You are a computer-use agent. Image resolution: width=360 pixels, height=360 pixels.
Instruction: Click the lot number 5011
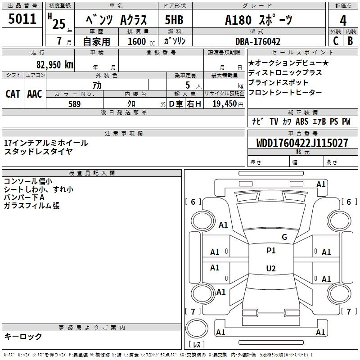tap(22, 18)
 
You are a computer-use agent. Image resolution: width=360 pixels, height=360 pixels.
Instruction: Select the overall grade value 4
tap(343, 20)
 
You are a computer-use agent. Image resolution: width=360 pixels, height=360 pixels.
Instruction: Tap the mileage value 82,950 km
tap(55, 65)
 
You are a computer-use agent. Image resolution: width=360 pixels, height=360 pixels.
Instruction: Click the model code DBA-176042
tap(258, 41)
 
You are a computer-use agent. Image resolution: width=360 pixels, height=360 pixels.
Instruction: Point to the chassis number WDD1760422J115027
tap(302, 143)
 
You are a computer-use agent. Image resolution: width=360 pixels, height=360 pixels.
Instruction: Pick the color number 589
tap(75, 104)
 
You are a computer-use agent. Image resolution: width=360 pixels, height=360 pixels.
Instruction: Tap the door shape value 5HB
tap(174, 20)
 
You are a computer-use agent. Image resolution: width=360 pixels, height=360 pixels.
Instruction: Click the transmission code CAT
tap(13, 94)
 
